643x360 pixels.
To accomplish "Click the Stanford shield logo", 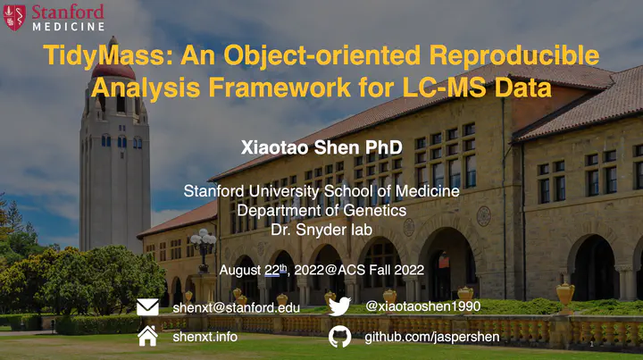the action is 14,17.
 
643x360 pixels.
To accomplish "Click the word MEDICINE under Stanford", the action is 69,27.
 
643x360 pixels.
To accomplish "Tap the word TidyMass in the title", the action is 104,55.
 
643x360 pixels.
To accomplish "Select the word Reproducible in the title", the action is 514,55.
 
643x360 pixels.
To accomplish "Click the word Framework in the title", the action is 280,87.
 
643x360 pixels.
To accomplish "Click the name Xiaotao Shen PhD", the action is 321,147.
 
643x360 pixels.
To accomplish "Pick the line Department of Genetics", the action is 321,210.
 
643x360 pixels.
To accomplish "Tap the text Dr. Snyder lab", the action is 321,230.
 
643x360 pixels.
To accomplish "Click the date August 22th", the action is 254,270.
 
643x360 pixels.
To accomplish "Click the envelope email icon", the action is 147,307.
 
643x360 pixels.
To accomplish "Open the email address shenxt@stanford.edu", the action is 236,307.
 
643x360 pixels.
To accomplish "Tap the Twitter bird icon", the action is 339,306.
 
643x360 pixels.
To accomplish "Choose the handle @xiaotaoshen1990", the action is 422,306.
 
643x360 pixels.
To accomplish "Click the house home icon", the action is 147,336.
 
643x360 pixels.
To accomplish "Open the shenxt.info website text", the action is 205,337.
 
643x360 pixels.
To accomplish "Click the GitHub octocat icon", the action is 339,337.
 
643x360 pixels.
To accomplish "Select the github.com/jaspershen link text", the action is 432,337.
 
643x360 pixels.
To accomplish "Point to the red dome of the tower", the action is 113,71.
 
